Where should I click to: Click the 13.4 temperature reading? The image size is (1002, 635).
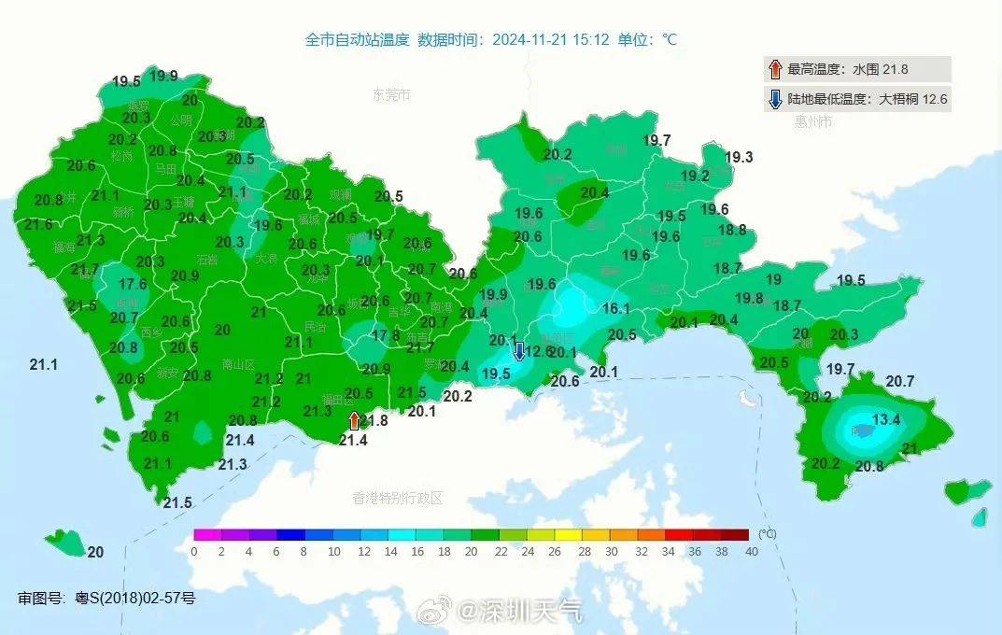885,420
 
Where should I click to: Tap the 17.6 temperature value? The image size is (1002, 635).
133,284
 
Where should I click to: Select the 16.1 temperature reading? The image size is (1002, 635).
615,308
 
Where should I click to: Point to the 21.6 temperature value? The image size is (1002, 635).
38,224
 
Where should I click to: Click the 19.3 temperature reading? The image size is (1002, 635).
738,158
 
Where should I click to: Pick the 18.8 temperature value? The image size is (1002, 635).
732,230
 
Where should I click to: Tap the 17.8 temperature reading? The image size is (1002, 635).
386,335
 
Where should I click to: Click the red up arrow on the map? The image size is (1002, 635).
354,420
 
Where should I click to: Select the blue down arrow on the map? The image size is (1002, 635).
518,352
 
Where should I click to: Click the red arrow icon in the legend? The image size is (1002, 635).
774,69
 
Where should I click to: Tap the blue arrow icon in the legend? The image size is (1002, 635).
774,98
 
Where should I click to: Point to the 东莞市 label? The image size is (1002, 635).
391,95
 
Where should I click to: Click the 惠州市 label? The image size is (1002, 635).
813,122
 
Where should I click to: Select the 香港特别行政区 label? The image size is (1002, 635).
397,498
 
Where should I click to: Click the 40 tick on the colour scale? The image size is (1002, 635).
752,551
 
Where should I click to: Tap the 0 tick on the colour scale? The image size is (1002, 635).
193,551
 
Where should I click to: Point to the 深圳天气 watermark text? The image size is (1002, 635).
531,612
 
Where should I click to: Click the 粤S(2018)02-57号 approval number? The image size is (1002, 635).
135,598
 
